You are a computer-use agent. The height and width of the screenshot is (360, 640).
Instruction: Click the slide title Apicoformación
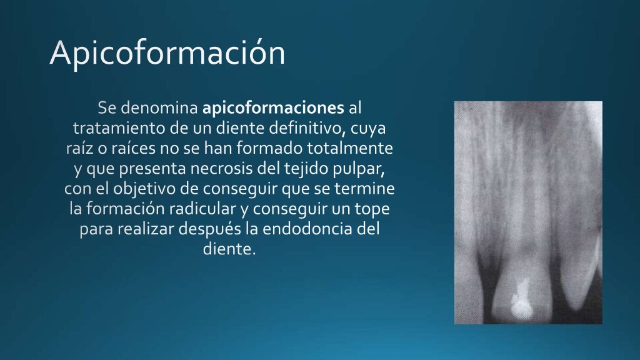pyautogui.click(x=167, y=53)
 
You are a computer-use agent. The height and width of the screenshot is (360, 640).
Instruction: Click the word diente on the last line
pyautogui.click(x=229, y=249)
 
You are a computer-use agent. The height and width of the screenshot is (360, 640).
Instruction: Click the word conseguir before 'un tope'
pyautogui.click(x=297, y=209)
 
